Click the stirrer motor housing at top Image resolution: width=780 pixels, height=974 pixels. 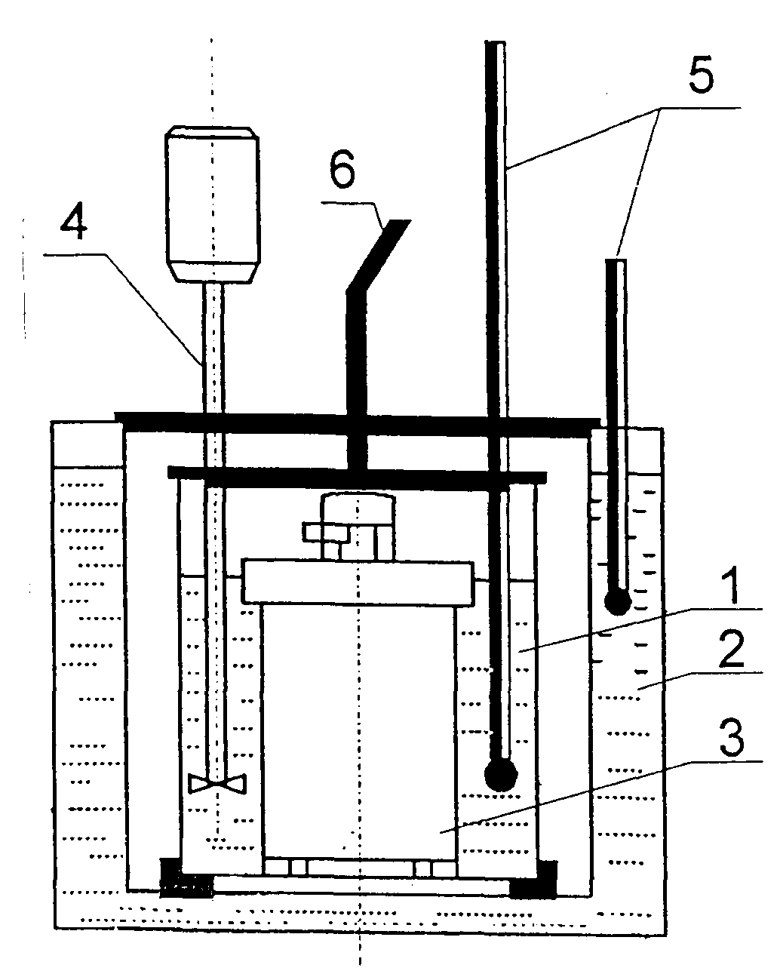tap(211, 204)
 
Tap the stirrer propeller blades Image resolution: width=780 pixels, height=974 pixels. tap(217, 784)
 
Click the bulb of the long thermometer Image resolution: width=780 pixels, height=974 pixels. tap(500, 773)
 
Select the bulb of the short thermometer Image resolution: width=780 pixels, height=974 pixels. tap(618, 601)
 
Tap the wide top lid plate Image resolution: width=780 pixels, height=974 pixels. tap(355, 422)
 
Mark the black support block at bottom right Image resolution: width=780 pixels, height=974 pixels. tap(534, 880)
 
